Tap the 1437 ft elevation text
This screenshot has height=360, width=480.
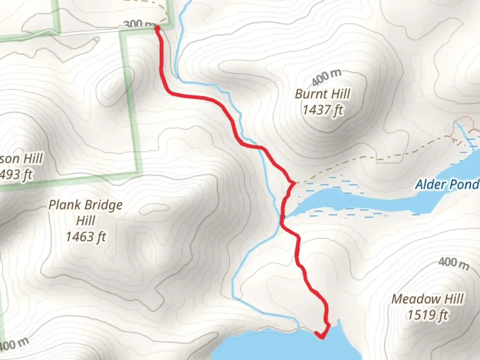[323, 109]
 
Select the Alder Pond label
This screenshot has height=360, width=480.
[447, 184]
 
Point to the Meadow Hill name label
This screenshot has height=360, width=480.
[427, 299]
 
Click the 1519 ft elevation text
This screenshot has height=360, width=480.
[427, 314]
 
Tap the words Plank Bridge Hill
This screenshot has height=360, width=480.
[86, 212]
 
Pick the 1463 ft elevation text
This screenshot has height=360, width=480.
[86, 237]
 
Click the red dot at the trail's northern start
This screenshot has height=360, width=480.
[157, 29]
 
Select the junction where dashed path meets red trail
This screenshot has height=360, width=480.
[293, 183]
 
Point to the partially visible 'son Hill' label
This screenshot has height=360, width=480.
[21, 158]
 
